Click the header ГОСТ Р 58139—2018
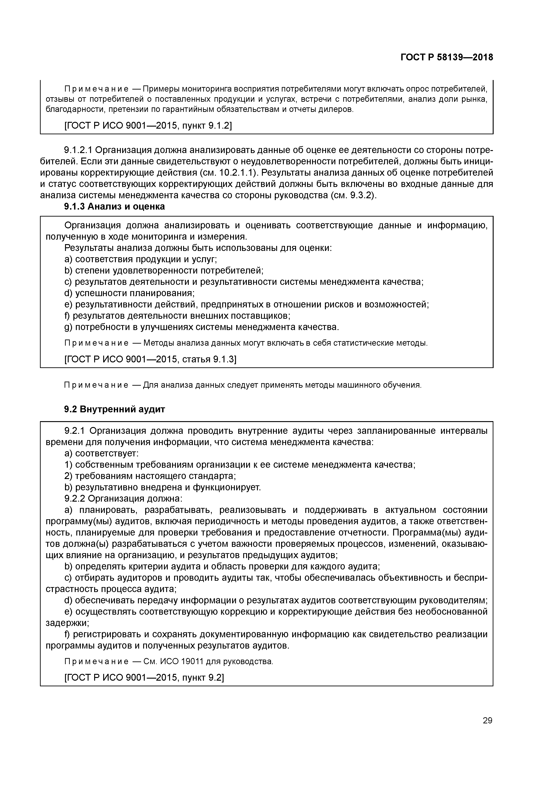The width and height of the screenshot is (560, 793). pos(447,57)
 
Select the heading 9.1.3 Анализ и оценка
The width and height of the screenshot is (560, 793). pos(114,207)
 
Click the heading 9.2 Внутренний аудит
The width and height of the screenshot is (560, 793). pos(114,409)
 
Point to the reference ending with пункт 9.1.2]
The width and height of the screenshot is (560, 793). pos(148,126)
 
